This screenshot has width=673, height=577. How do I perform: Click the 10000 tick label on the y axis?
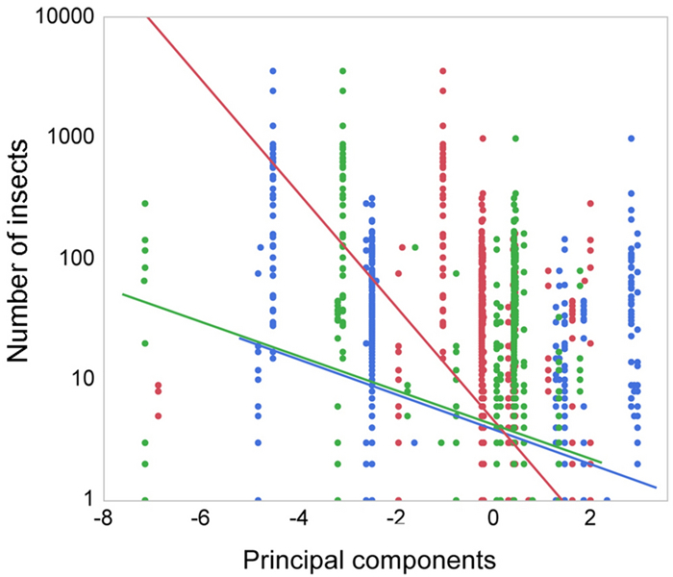point(61,16)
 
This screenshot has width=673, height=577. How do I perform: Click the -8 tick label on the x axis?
point(99,520)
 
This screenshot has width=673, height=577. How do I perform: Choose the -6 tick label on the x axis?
point(197,520)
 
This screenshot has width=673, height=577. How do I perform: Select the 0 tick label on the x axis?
point(493,520)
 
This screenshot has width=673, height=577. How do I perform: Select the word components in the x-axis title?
point(415,559)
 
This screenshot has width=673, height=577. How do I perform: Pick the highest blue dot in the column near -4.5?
point(273,71)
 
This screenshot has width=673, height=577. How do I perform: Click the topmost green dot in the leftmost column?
point(145,204)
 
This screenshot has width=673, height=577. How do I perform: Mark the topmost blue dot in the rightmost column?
point(632,138)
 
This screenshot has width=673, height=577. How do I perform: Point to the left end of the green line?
point(123,294)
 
